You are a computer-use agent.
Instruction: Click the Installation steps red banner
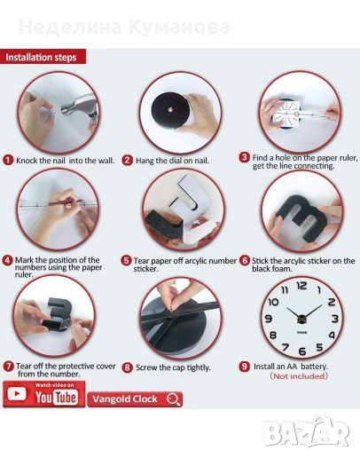pos(43,57)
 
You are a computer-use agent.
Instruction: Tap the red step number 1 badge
pos(8,161)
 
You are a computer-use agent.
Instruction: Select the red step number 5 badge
pos(126,261)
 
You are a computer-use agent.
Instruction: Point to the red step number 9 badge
pos(245,367)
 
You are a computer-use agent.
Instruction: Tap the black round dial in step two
pos(169,110)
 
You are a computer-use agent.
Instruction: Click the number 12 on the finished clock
pos(301,286)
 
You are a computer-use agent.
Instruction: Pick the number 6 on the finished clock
pos(302,351)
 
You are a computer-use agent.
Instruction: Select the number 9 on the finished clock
pos(268,319)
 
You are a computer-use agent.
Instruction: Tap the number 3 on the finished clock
pos(334,319)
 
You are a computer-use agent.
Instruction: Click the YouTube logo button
pos(44,394)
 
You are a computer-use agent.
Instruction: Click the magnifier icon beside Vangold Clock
pos(173,399)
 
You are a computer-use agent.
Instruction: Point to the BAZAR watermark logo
pos(306,432)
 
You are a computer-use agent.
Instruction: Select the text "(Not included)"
pos(299,376)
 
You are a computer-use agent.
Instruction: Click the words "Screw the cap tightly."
pos(173,367)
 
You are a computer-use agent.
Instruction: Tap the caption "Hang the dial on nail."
pos(172,161)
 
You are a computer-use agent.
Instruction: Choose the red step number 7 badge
pos(9,367)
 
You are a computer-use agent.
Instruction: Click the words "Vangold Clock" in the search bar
pos(125,399)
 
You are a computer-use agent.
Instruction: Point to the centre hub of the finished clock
pos(301,320)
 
